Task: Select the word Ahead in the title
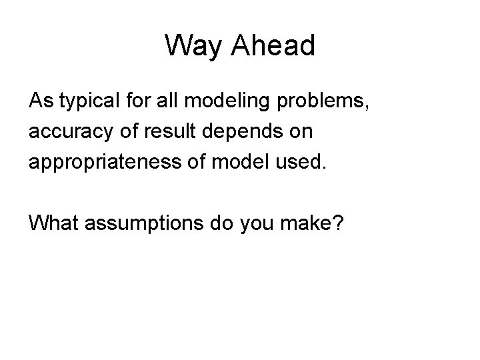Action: click(x=274, y=46)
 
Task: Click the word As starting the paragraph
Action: click(x=39, y=102)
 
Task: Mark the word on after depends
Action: click(x=300, y=132)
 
